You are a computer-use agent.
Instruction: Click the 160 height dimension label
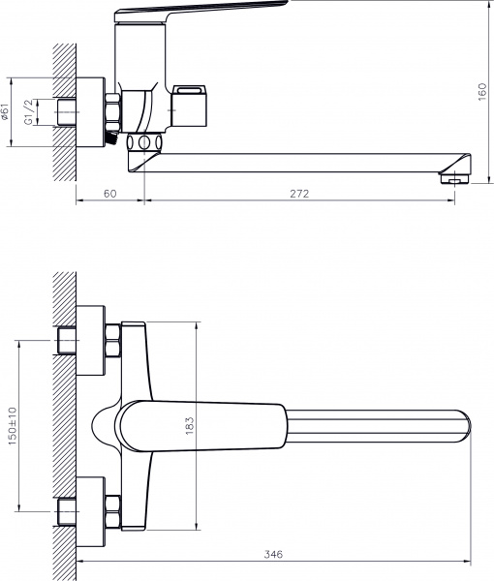482,92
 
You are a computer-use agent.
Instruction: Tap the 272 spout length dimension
299,194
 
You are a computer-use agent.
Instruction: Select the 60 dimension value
109,194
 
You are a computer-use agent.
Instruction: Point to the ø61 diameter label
5,112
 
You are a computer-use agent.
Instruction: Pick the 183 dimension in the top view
190,426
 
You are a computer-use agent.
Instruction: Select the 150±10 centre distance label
13,426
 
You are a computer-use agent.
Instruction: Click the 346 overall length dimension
273,554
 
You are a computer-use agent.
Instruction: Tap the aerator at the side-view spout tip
454,179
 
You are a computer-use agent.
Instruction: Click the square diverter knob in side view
189,106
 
